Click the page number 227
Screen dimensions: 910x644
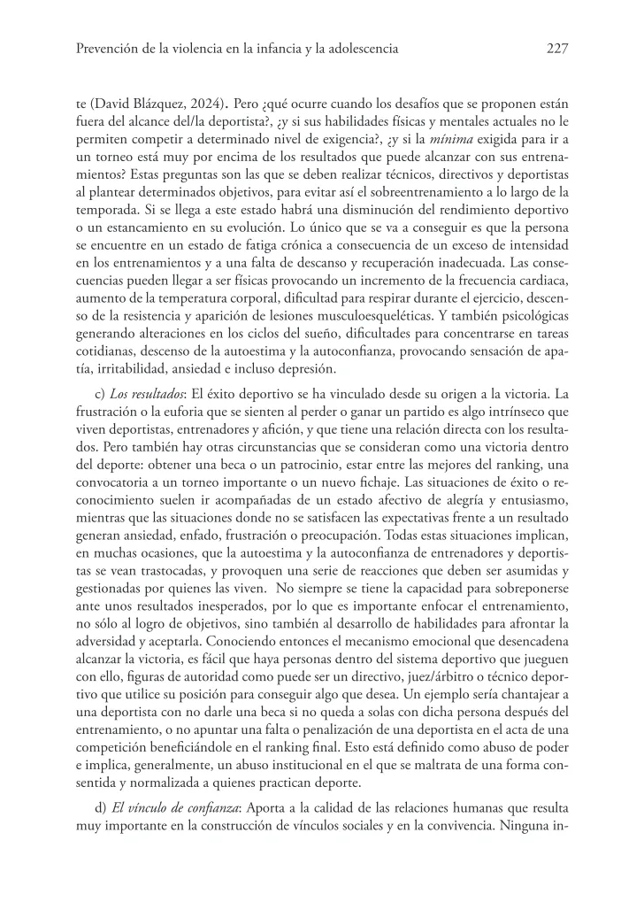556,50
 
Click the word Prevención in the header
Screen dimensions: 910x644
105,50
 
